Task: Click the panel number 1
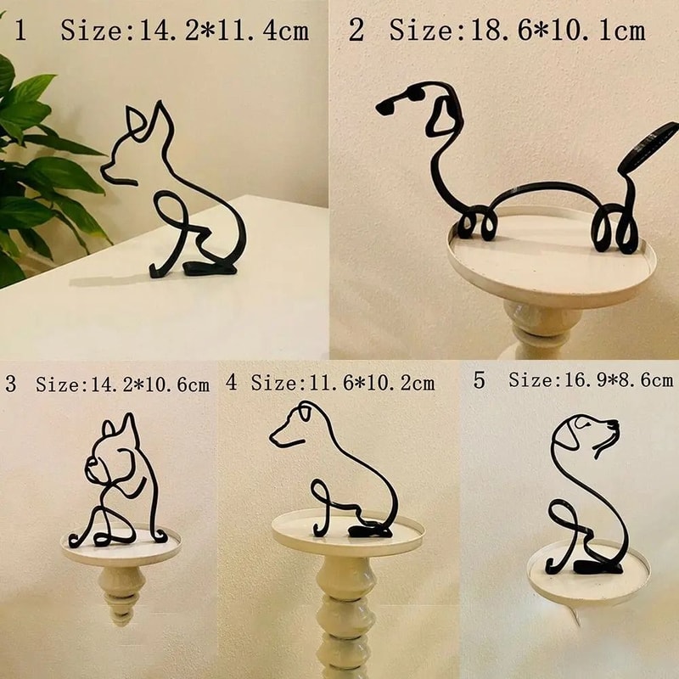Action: click(20, 32)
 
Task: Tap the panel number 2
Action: click(356, 31)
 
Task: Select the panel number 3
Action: click(10, 384)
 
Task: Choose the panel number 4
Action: click(232, 383)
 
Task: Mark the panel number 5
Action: click(480, 380)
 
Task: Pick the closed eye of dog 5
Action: click(582, 422)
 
